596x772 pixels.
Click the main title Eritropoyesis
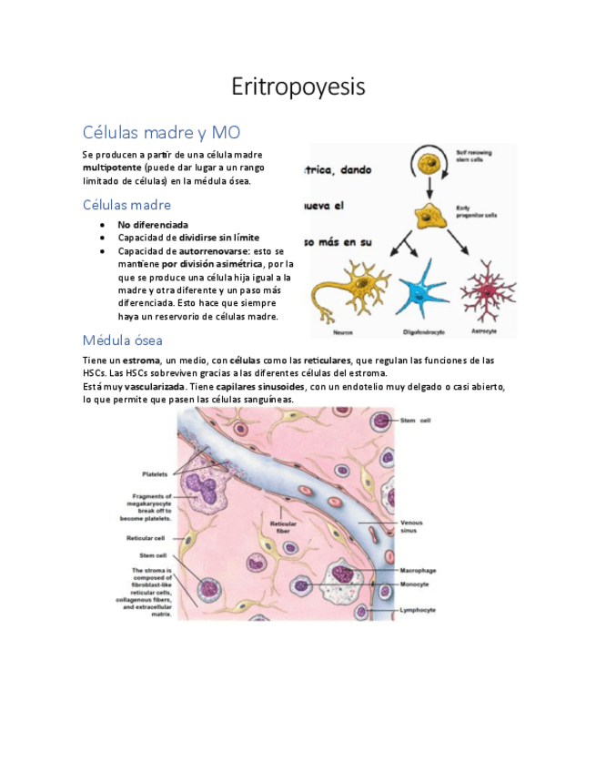pyautogui.click(x=298, y=87)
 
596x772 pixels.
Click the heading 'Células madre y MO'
pyautogui.click(x=161, y=132)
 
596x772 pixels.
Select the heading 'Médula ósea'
pyautogui.click(x=122, y=340)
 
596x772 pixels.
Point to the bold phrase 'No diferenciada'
pyautogui.click(x=153, y=224)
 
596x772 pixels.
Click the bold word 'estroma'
pyautogui.click(x=141, y=361)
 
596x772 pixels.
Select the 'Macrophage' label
pyautogui.click(x=416, y=571)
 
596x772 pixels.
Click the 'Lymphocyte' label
pyautogui.click(x=417, y=610)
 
